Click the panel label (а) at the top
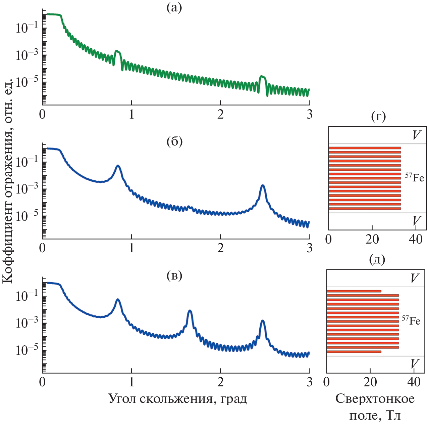[x=174, y=8]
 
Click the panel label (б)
[x=174, y=142]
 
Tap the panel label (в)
[x=174, y=276]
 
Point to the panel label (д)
[x=377, y=259]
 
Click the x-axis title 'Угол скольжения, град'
[x=178, y=399]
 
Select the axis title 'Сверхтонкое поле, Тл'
[x=375, y=407]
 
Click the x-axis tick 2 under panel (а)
[x=220, y=115]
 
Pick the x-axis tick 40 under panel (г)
[x=416, y=239]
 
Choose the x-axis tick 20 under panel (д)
[x=370, y=382]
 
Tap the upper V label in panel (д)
[x=415, y=279]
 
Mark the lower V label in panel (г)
[x=416, y=221]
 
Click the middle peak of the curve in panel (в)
[x=190, y=311]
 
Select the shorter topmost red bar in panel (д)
[x=354, y=291]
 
